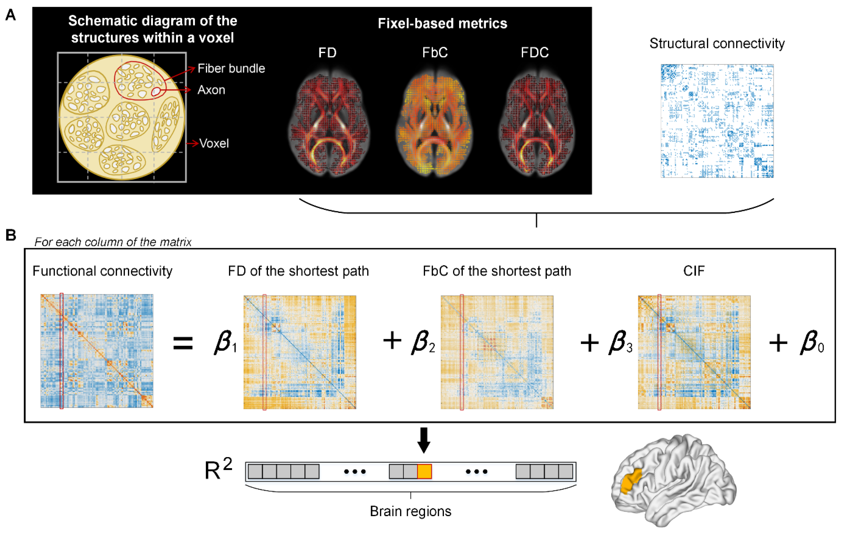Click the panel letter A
coord(11,15)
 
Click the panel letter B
coord(11,235)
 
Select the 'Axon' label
coord(211,90)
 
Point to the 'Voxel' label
coord(214,143)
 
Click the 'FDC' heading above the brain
coord(534,53)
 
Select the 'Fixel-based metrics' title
coord(442,24)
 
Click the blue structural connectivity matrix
coord(717,121)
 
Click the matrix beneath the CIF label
coord(694,352)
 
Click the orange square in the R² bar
coord(424,471)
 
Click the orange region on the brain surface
coord(631,482)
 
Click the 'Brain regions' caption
coord(410,511)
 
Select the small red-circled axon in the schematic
coord(156,92)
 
